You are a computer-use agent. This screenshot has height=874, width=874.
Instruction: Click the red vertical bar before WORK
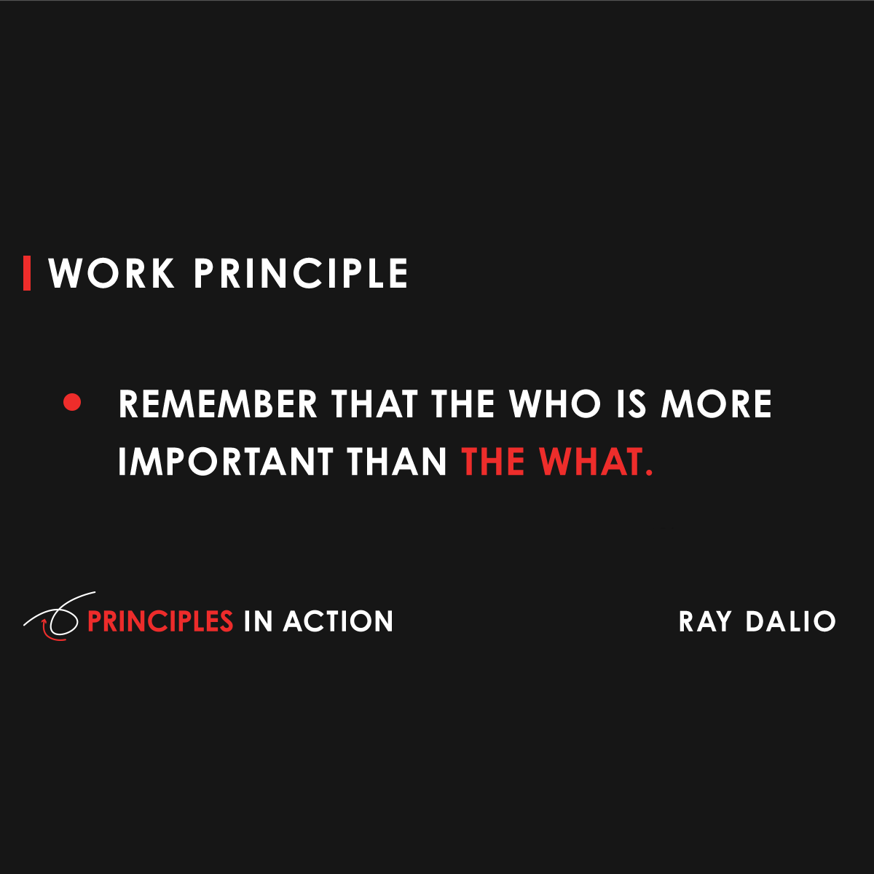(x=27, y=273)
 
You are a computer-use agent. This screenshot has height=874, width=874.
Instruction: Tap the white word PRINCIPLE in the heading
(x=301, y=274)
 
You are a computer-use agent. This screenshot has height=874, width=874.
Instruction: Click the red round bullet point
(x=72, y=403)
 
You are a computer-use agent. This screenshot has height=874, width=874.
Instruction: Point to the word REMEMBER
(x=218, y=404)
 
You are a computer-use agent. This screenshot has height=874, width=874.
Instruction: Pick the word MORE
(x=716, y=404)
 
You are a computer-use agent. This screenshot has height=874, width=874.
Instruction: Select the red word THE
(x=493, y=462)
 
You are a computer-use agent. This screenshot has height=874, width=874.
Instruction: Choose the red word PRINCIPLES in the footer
(x=160, y=621)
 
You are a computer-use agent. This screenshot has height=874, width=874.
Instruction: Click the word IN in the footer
(x=257, y=621)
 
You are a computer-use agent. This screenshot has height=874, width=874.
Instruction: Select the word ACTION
(x=338, y=621)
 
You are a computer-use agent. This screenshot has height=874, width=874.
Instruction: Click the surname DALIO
(x=791, y=621)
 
